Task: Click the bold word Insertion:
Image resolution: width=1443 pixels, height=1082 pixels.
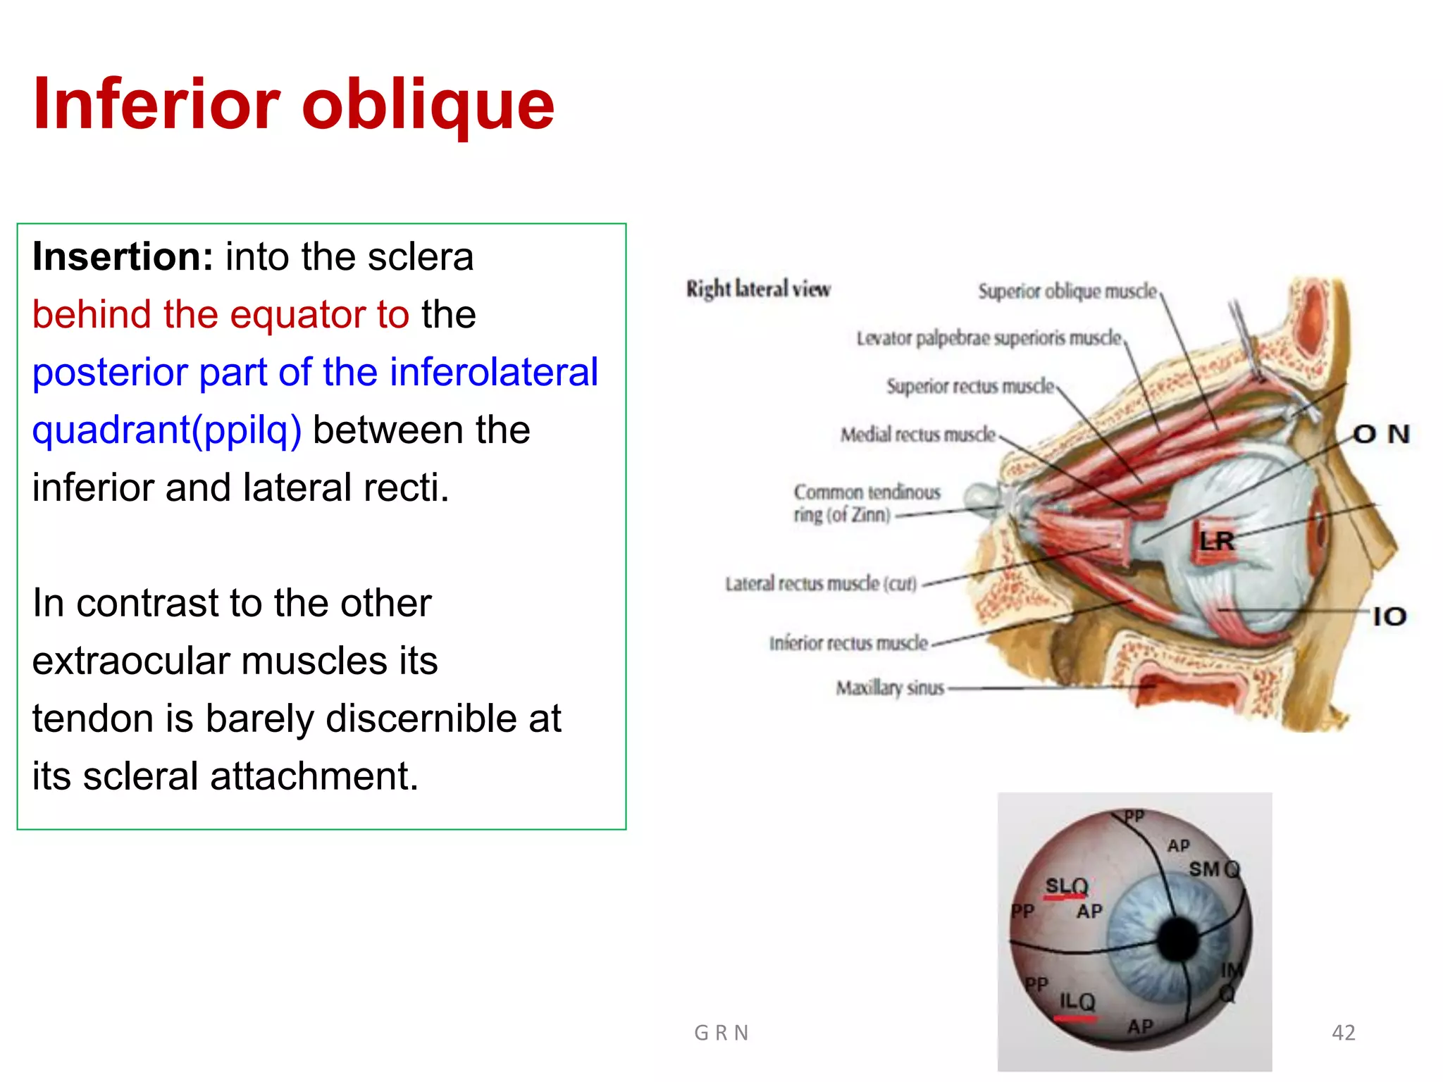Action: click(x=123, y=256)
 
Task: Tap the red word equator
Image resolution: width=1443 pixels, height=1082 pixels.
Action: click(x=298, y=314)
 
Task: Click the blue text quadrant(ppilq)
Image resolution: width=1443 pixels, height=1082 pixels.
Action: click(x=167, y=430)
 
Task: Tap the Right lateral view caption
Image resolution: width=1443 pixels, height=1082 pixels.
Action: click(x=758, y=289)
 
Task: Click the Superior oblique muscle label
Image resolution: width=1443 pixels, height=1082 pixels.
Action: click(x=1067, y=291)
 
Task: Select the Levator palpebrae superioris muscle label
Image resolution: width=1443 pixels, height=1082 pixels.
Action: click(x=988, y=339)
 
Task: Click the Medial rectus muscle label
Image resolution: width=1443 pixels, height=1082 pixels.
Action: click(x=917, y=435)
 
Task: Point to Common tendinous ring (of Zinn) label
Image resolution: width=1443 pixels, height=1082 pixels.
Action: click(x=867, y=503)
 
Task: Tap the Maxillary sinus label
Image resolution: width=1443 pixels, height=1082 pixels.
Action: click(x=889, y=688)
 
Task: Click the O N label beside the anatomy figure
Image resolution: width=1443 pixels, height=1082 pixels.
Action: click(x=1381, y=434)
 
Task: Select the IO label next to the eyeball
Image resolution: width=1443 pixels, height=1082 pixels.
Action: click(x=1389, y=617)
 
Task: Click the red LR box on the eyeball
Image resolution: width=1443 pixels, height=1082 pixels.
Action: click(x=1216, y=541)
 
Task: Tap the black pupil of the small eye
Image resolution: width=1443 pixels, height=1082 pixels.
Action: click(x=1177, y=939)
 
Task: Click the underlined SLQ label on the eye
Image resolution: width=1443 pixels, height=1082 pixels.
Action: click(x=1066, y=886)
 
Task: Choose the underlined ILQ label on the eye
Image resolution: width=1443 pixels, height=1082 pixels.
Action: click(x=1077, y=1002)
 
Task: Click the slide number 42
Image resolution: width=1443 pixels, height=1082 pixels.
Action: click(x=1343, y=1033)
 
